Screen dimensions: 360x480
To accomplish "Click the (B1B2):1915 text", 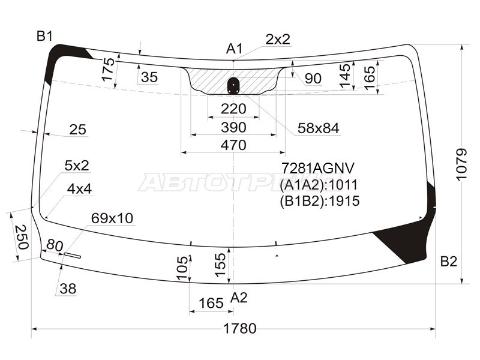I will (x=319, y=201).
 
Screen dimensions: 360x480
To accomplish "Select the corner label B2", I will (x=448, y=261).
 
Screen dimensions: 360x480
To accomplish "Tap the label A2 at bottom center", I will (x=239, y=297).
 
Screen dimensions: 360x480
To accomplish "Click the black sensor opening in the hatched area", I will (x=233, y=86).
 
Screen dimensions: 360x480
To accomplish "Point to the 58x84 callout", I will (x=318, y=128).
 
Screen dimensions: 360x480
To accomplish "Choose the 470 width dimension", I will (x=233, y=145).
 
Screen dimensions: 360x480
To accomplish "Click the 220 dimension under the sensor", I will (x=233, y=109).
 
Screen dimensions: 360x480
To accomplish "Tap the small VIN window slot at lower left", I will (x=73, y=255).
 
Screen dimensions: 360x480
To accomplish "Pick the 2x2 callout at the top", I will (x=278, y=40).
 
